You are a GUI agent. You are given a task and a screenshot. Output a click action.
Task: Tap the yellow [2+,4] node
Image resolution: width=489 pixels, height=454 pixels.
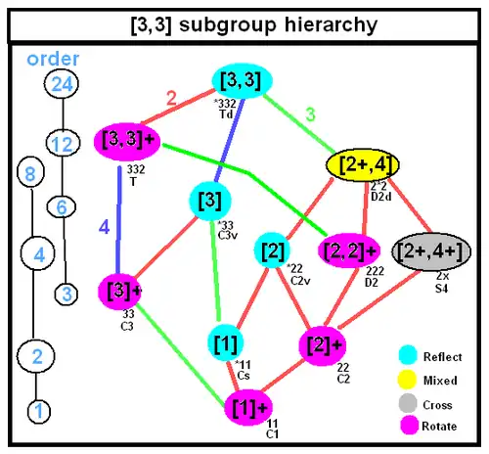363,165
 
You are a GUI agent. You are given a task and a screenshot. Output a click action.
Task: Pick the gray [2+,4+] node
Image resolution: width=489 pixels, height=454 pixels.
431,251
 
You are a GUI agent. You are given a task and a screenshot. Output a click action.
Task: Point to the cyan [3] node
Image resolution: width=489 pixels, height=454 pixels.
210,202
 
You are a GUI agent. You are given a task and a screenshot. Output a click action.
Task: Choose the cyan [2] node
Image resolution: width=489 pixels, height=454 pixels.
272,250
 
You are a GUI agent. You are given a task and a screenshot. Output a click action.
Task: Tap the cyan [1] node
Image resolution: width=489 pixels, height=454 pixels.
226,343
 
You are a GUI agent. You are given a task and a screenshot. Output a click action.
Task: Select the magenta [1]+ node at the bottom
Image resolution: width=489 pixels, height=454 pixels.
248,408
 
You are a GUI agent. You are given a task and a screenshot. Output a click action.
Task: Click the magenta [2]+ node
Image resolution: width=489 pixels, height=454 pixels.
322,345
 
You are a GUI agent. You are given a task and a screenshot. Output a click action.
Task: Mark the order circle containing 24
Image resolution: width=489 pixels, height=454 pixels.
62,84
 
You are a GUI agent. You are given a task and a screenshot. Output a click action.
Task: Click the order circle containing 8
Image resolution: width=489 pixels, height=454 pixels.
30,172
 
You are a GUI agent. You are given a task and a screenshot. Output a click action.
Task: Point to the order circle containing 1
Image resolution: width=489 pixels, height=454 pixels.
39,411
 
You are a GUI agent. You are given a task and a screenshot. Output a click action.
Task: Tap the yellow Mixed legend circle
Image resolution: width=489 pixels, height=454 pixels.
407,380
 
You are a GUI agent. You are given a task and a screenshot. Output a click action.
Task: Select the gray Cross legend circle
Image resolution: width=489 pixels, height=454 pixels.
408,403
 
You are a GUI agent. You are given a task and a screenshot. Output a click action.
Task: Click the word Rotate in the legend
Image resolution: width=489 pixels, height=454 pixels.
439,427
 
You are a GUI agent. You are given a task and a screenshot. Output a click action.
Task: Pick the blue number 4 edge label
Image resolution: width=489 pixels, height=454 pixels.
104,227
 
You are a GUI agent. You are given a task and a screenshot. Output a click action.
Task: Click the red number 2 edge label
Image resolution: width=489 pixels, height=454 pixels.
171,98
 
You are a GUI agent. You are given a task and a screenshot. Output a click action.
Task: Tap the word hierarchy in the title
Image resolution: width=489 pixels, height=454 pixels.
331,24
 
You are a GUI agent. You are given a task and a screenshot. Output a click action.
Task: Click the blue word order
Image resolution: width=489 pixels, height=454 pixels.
53,59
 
